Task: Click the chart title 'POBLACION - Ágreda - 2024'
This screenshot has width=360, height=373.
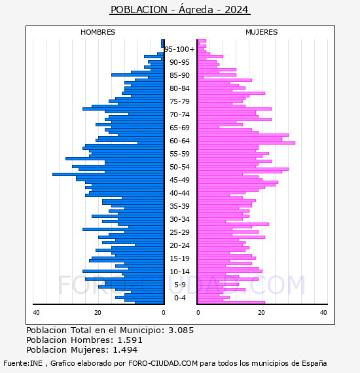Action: tap(179, 10)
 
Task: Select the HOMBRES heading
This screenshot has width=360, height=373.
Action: tap(98, 32)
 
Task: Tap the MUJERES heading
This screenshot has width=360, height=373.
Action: tap(262, 32)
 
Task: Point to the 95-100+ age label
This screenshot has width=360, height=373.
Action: tap(179, 49)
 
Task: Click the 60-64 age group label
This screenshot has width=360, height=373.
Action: tap(179, 141)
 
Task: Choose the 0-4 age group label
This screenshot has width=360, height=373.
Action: tap(180, 298)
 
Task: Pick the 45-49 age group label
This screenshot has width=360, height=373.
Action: tap(179, 180)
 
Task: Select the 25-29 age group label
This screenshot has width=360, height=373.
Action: tap(179, 232)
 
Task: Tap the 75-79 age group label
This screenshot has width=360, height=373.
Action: tap(179, 101)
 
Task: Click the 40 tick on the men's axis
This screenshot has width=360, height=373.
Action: tap(36, 313)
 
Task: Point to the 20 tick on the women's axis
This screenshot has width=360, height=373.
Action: tap(261, 313)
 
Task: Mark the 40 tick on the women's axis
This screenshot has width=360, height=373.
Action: tap(323, 313)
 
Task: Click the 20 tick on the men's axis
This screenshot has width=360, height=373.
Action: tap(98, 313)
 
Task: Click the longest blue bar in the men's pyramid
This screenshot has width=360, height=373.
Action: tap(108, 174)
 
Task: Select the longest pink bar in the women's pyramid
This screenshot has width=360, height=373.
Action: tap(246, 143)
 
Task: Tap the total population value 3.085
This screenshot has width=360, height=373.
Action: tap(181, 330)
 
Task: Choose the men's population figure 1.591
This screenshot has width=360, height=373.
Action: tap(130, 340)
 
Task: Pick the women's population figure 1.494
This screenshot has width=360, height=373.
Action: tap(125, 350)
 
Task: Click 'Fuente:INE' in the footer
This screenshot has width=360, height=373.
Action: tap(23, 363)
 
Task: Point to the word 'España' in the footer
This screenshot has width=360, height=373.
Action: tap(314, 364)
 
